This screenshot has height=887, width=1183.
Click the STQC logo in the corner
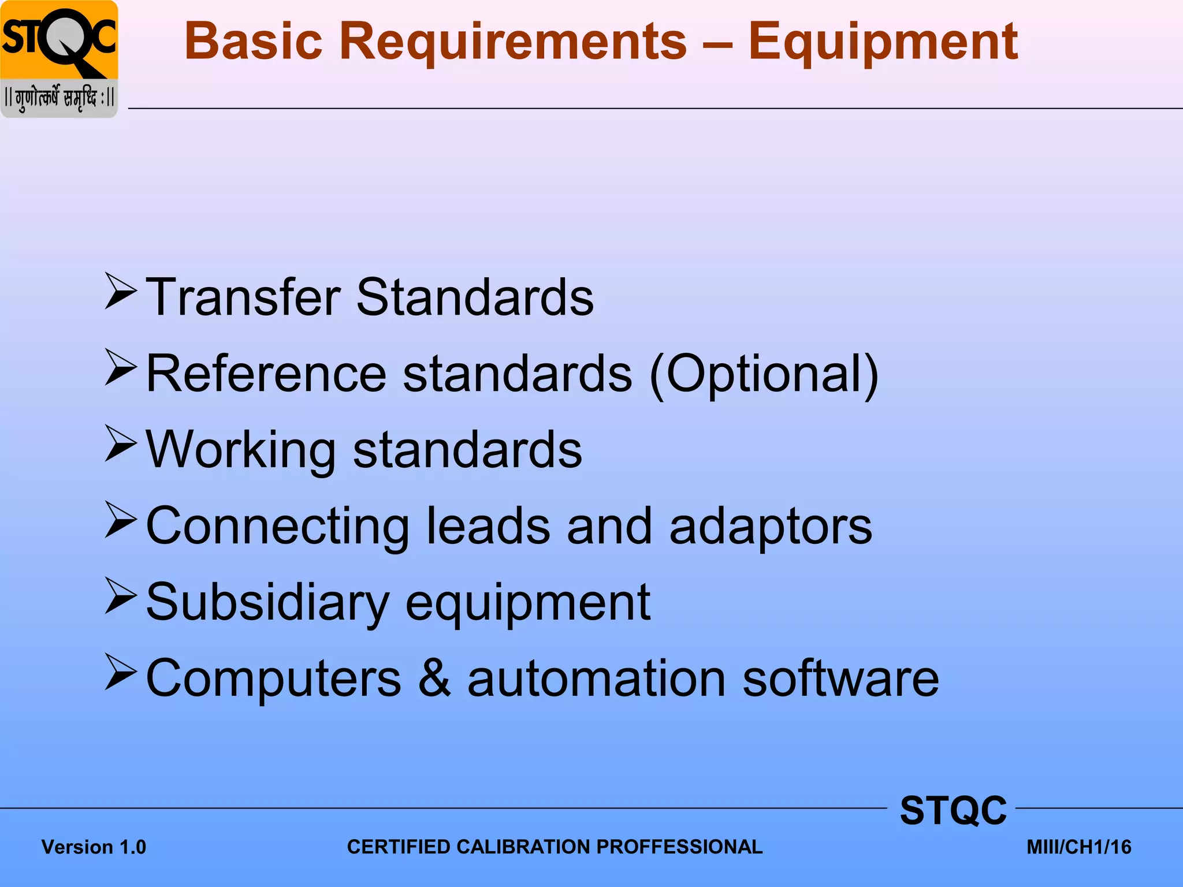coord(59,58)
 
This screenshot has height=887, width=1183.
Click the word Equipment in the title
coord(883,42)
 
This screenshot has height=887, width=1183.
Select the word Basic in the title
coord(253,42)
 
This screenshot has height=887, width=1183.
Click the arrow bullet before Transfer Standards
coord(121,292)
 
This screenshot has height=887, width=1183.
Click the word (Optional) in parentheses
coord(764,374)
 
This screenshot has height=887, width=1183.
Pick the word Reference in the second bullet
coord(266,374)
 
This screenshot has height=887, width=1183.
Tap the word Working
coord(241,450)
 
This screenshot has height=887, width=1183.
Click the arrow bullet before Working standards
coord(121,443)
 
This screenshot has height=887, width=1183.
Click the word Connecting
coord(277,526)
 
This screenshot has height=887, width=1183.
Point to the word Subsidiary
coord(267,602)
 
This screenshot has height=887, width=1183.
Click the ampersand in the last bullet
coord(434,679)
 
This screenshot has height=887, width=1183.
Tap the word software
coord(840,679)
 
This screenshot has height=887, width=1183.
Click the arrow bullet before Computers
coord(121,672)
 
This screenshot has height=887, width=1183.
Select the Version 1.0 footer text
coord(94,847)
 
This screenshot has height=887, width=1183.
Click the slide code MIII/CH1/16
coord(1078,847)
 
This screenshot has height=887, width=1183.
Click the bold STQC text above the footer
coord(953,811)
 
